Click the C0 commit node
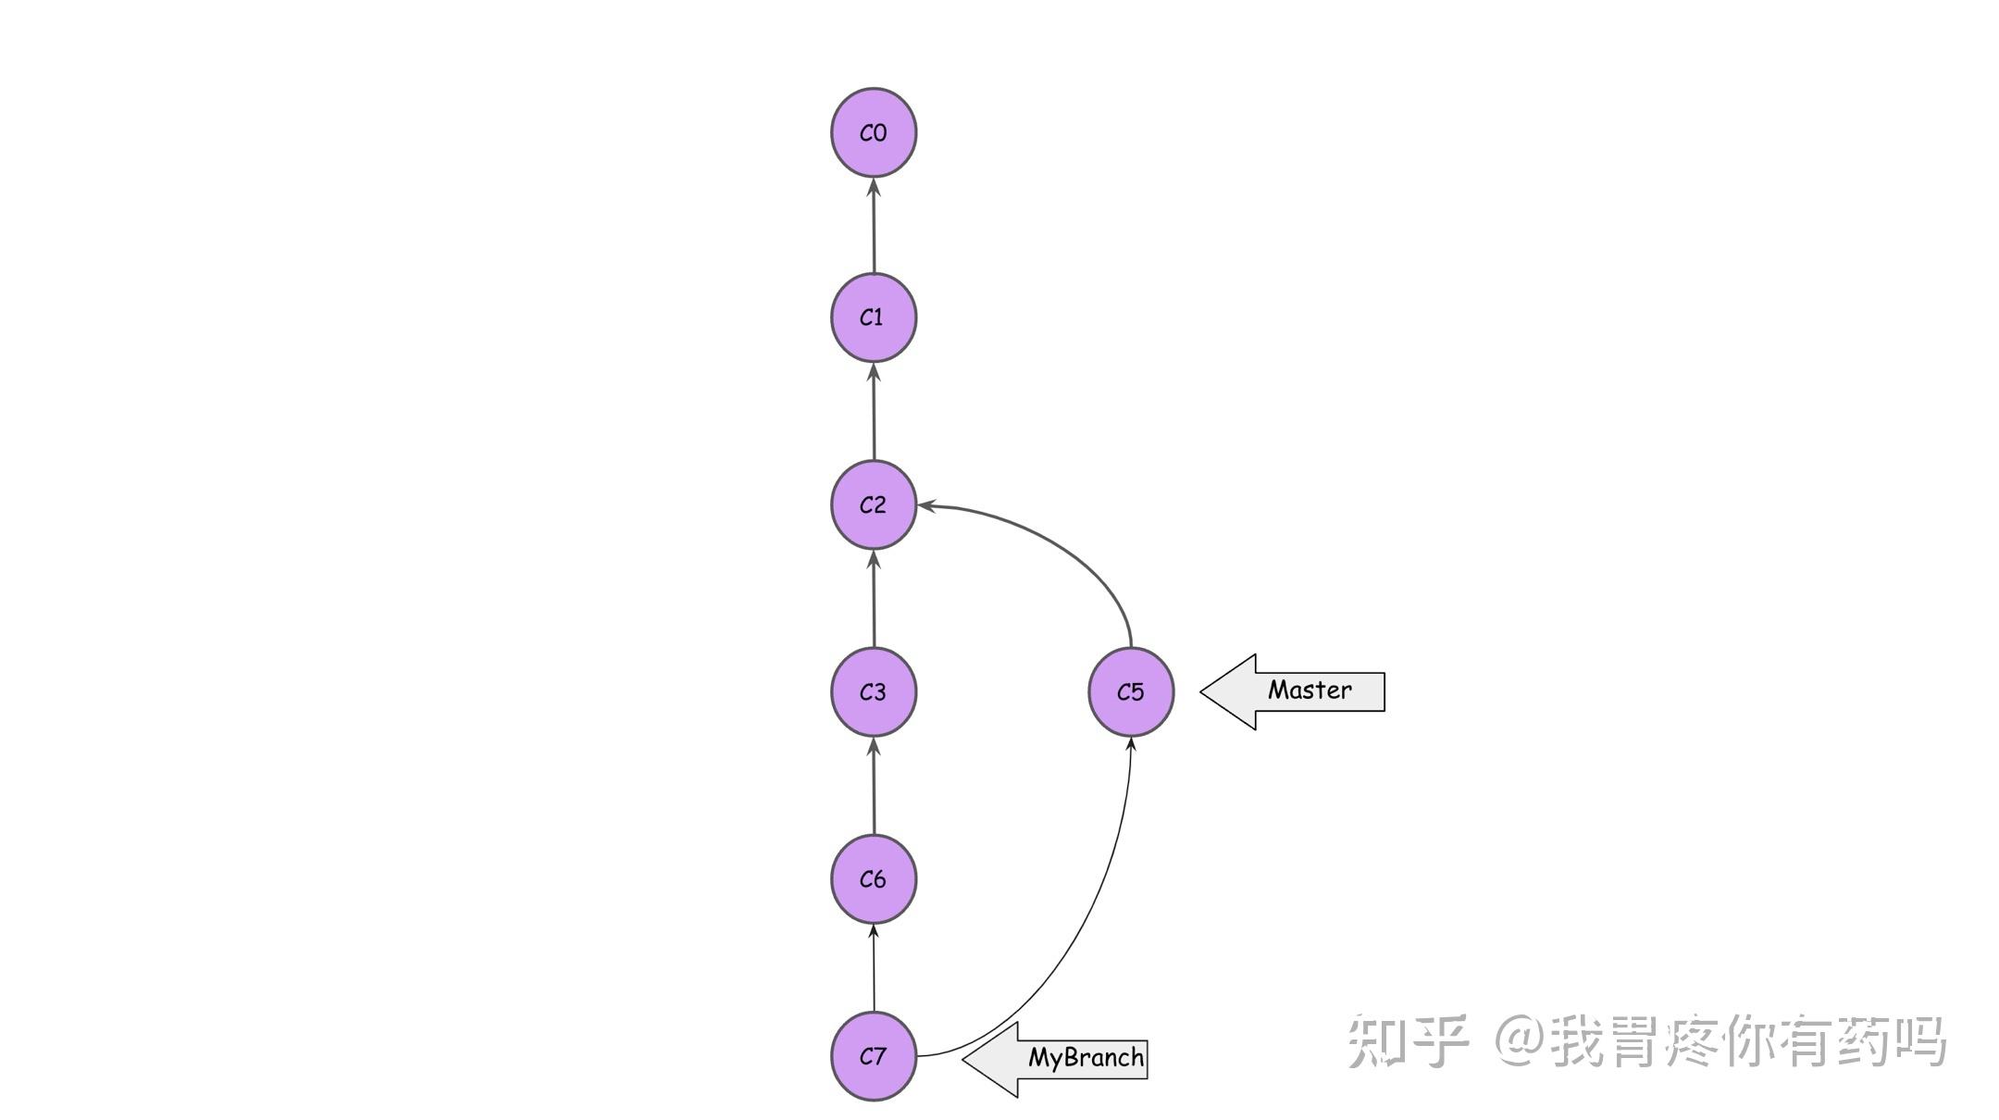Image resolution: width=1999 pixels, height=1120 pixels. [x=873, y=132]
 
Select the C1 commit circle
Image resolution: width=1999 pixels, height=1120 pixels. [x=873, y=317]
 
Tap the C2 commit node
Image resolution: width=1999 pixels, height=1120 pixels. [x=873, y=504]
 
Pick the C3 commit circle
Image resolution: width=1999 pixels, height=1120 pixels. [x=873, y=691]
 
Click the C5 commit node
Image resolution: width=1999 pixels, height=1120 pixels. [x=1130, y=691]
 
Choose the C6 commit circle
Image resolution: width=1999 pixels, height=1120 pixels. [x=873, y=878]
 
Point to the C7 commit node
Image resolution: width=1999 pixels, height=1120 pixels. [x=873, y=1056]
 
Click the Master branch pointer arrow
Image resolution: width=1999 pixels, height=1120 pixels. [x=1292, y=691]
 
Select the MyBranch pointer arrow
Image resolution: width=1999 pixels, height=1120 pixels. [x=1055, y=1059]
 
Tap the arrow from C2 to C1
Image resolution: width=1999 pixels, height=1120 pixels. [x=874, y=411]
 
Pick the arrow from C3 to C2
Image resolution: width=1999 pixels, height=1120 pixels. [x=874, y=598]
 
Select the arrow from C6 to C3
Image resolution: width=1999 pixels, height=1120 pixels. [x=874, y=785]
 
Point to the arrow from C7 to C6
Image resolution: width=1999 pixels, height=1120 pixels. [x=874, y=967]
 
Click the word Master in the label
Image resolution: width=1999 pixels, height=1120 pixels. [x=1310, y=690]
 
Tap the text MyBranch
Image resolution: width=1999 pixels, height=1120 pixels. [x=1086, y=1057]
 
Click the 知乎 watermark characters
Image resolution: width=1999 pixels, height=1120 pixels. [x=1408, y=1041]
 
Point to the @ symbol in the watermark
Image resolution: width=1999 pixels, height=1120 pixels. [x=1521, y=1041]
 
